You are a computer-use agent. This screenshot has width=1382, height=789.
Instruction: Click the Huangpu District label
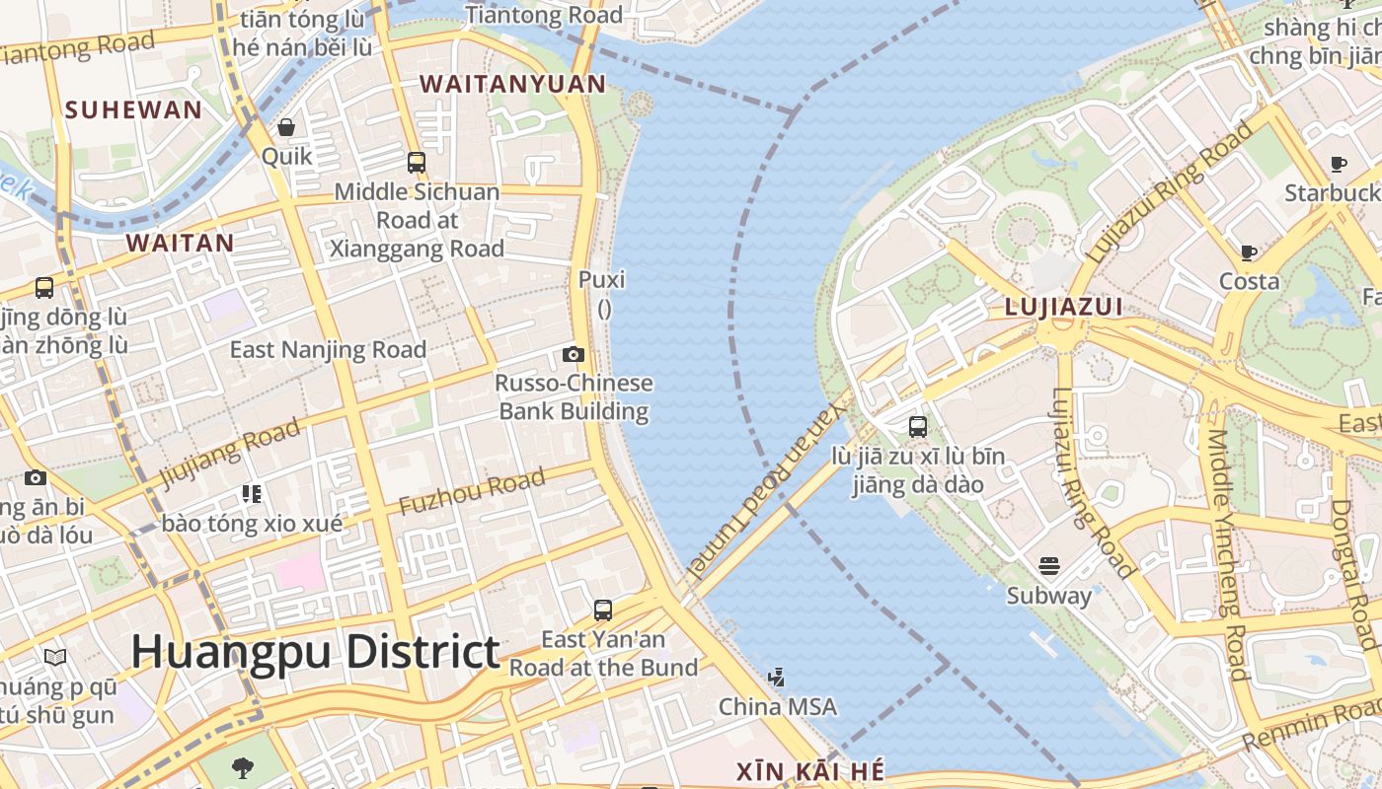315,653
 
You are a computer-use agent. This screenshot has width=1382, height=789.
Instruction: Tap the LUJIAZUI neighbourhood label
1063,307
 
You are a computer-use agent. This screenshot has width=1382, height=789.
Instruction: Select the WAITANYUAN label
513,84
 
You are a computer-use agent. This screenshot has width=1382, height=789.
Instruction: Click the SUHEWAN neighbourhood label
133,109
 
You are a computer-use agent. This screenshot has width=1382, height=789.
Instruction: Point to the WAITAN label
181,243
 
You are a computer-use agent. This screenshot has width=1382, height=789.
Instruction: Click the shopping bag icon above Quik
286,127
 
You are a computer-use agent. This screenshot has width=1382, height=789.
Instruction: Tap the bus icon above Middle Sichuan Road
417,163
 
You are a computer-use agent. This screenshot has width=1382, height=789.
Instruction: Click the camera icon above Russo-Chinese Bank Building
574,355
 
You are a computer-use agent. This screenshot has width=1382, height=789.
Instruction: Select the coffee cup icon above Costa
1249,252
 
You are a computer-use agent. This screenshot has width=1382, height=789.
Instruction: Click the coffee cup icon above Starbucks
1339,164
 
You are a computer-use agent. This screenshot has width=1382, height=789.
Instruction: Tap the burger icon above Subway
1049,567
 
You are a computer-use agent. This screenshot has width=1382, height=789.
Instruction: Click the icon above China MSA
777,678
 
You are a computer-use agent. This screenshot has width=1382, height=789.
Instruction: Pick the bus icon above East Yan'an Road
603,610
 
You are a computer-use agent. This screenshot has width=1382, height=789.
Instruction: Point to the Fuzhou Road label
472,492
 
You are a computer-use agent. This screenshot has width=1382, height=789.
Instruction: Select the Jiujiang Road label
229,452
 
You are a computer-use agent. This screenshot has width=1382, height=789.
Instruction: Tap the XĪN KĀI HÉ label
810,771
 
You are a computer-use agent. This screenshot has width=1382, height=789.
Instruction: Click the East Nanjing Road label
328,350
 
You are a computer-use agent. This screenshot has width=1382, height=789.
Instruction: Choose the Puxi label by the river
602,280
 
